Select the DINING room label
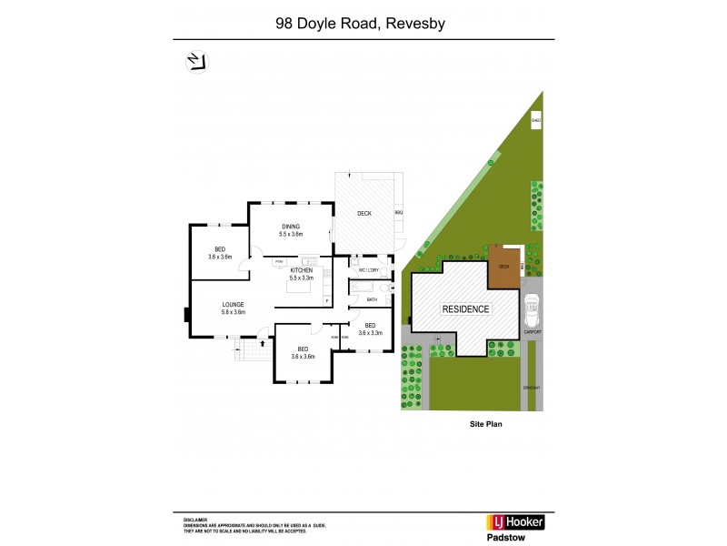coord(291,227)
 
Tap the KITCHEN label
coord(302,270)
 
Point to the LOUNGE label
coord(234,305)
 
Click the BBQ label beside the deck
coord(398,213)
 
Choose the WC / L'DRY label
coord(368,270)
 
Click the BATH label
coord(372,298)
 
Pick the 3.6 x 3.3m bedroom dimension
coord(370,334)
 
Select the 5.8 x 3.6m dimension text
coord(234,313)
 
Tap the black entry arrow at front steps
coord(263,343)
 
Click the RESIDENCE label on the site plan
coord(465,308)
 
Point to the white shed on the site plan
coord(536,119)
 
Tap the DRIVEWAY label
coord(532,388)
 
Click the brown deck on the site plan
coord(503,267)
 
